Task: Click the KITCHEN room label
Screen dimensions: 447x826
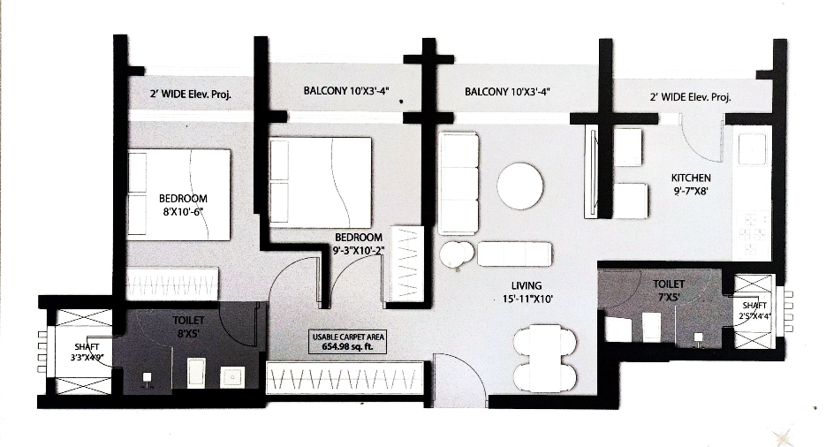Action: [x=691, y=178]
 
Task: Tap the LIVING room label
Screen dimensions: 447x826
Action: [x=526, y=284]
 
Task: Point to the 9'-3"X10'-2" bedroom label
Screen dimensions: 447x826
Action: [x=358, y=238]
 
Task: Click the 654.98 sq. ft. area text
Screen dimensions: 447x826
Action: [x=349, y=346]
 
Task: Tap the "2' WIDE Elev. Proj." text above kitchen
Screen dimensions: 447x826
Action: [x=690, y=98]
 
